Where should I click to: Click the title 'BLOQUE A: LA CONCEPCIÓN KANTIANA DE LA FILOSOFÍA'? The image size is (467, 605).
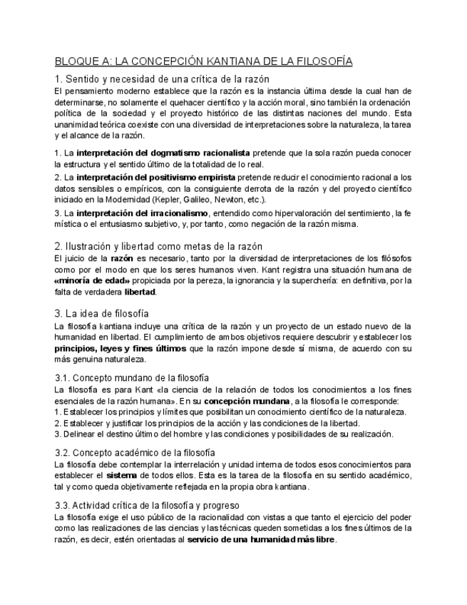[203, 62]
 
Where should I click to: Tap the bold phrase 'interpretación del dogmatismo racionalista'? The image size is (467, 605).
[163, 153]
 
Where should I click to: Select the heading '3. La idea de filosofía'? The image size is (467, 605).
[102, 312]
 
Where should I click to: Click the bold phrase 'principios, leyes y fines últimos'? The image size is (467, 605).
[120, 348]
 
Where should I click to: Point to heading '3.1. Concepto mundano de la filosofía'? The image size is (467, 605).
[132, 377]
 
